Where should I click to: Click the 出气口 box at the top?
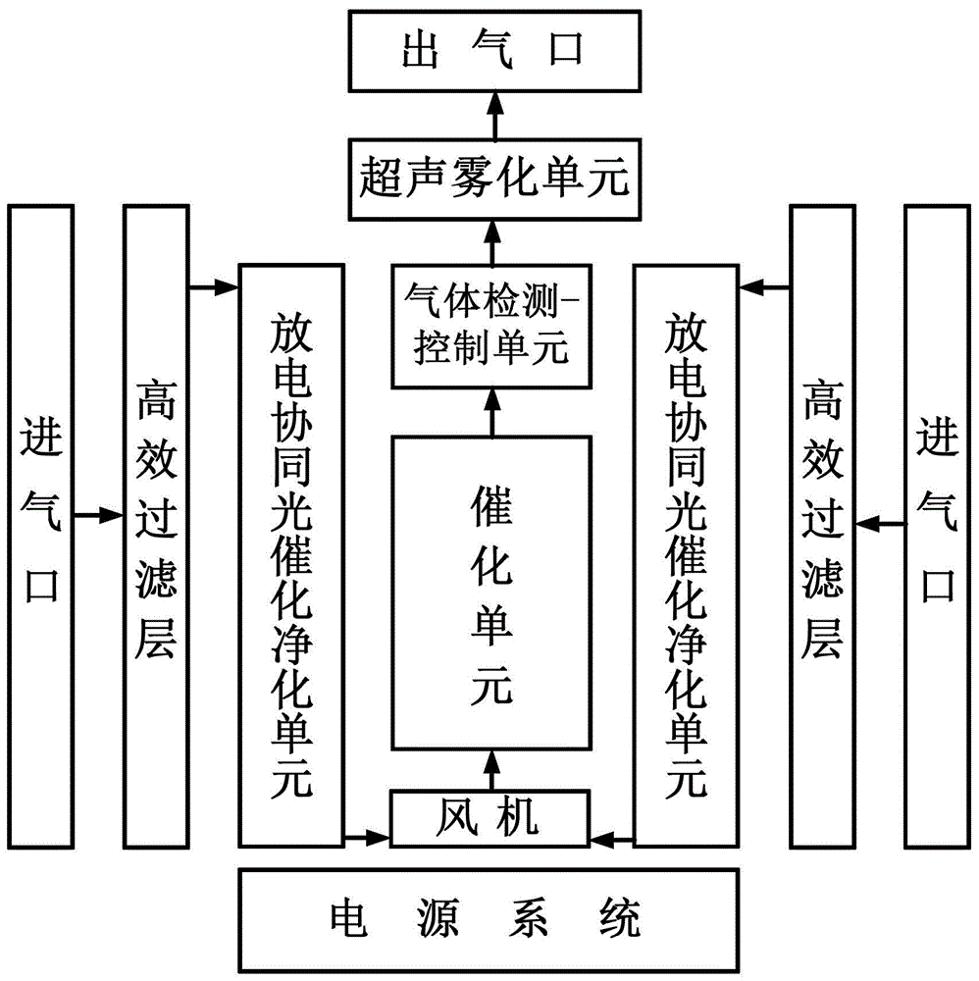(x=493, y=50)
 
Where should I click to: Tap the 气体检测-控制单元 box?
(x=493, y=325)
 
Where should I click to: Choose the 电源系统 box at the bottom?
(x=489, y=920)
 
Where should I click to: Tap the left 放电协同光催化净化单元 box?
(x=291, y=554)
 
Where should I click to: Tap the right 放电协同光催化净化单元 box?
(x=685, y=554)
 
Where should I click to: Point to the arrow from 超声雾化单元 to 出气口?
(x=493, y=113)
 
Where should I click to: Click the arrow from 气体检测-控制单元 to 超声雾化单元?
(x=493, y=241)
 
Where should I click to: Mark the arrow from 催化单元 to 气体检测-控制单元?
(x=492, y=412)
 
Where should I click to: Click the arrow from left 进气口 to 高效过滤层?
(x=98, y=513)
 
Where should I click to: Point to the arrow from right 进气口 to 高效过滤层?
(x=881, y=526)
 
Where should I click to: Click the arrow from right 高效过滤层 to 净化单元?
(x=765, y=287)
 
